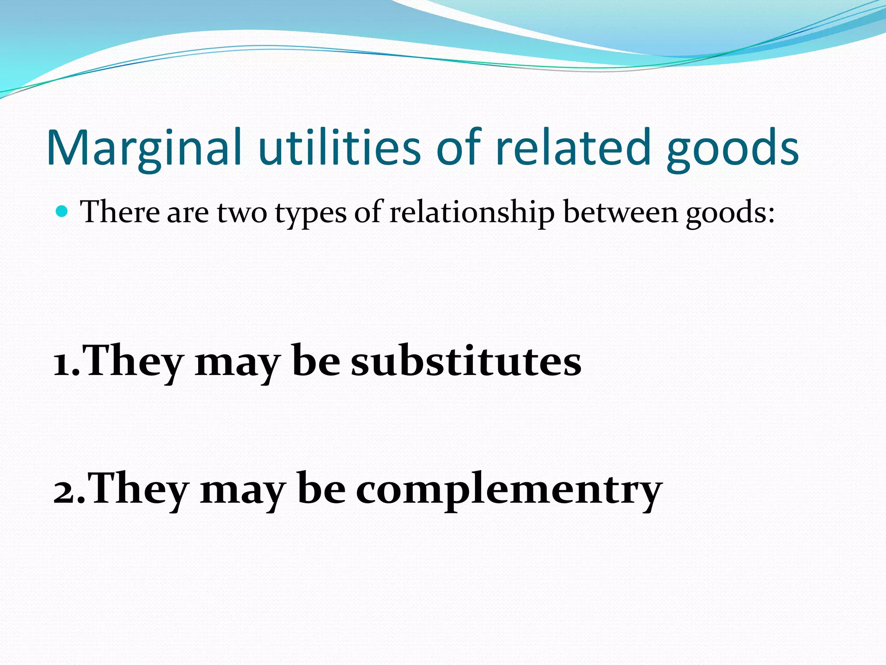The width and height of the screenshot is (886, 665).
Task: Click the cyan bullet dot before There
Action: click(x=63, y=212)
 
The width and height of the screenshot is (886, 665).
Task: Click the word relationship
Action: click(x=472, y=213)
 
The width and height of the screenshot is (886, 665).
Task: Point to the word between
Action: click(x=621, y=212)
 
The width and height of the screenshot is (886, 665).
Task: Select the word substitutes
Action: click(x=466, y=361)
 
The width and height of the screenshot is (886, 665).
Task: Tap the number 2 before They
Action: click(x=64, y=491)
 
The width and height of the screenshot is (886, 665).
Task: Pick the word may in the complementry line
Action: click(x=243, y=491)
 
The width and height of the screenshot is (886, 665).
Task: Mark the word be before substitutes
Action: click(x=316, y=361)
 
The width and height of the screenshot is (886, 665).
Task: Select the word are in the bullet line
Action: click(x=188, y=213)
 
